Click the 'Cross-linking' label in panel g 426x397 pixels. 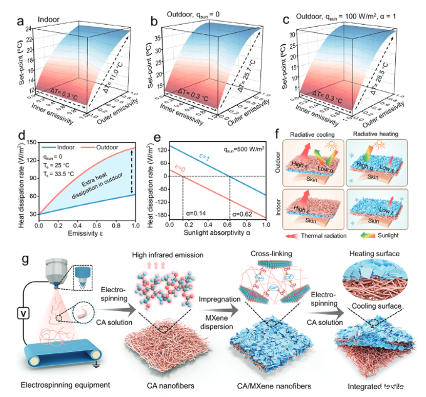[x=270, y=255]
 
